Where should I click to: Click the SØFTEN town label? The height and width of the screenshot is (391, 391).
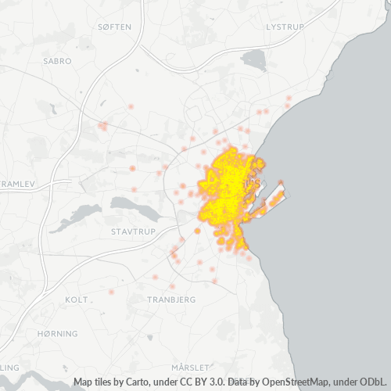(x=115, y=27)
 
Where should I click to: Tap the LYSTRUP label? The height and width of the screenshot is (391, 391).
(x=284, y=27)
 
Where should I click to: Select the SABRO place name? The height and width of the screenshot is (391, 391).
(x=58, y=60)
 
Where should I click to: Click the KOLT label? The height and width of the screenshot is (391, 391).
(x=77, y=300)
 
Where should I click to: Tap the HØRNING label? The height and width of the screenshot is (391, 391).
(x=58, y=333)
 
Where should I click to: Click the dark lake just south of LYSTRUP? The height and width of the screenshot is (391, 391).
(x=254, y=59)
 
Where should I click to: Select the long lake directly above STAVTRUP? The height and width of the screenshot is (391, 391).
(x=136, y=205)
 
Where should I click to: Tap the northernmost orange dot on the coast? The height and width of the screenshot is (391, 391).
(x=289, y=99)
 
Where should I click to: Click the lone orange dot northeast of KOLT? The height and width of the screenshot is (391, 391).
(x=112, y=291)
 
